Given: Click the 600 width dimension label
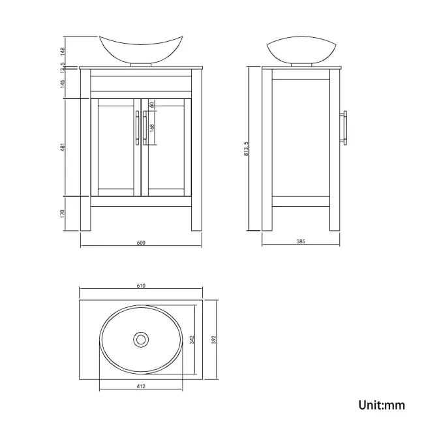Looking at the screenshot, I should click(141, 243).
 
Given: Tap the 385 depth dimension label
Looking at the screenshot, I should click(301, 242).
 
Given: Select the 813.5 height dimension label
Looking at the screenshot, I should click(245, 149).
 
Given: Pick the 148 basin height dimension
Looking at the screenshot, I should click(63, 50).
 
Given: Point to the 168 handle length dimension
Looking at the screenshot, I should click(152, 128).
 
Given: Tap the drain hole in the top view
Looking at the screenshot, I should click(141, 339).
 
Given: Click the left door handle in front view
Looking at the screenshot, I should click(136, 127).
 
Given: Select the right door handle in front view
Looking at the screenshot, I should click(145, 127).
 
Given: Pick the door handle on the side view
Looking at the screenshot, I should click(346, 128).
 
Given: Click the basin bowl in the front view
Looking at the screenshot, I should click(141, 49).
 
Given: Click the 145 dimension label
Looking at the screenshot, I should click(63, 83).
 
